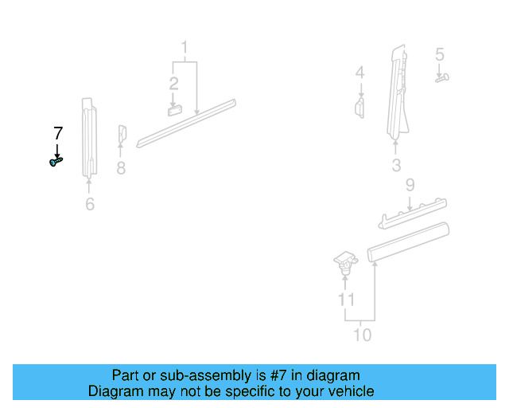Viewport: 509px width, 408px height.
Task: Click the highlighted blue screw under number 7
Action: (x=55, y=162)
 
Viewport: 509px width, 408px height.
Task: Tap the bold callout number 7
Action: (x=57, y=133)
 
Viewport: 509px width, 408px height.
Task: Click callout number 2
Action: (x=173, y=83)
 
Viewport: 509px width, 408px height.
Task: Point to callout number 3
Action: (x=396, y=166)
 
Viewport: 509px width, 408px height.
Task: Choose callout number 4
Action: (x=360, y=73)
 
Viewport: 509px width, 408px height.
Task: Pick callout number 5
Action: (x=439, y=55)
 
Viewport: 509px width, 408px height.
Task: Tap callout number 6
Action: (x=90, y=205)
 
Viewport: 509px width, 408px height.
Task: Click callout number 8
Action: (x=121, y=168)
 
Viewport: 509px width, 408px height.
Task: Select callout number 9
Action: (x=410, y=186)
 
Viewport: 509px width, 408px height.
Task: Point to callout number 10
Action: (x=362, y=335)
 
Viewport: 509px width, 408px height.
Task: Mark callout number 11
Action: (x=345, y=300)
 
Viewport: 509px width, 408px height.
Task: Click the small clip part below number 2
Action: (x=175, y=110)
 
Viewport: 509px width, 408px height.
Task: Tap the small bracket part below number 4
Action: (x=359, y=108)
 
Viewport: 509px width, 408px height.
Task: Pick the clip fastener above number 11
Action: (x=344, y=261)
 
